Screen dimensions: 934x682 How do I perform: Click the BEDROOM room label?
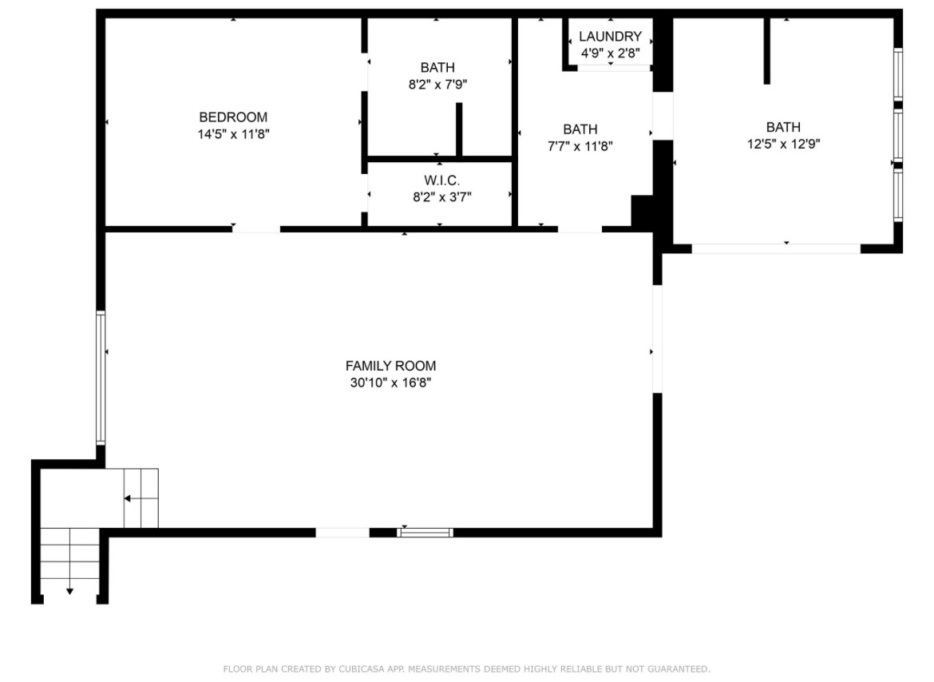[233, 117]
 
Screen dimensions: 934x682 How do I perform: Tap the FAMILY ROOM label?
[390, 366]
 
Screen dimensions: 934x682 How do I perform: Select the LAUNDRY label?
[610, 36]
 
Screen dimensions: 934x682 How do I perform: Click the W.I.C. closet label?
[442, 180]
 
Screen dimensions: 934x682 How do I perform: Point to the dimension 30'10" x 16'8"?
[390, 383]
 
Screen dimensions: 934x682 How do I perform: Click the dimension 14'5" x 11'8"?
[233, 134]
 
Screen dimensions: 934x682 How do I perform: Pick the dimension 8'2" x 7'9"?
[437, 85]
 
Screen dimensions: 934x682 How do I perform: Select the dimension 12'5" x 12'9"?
[784, 144]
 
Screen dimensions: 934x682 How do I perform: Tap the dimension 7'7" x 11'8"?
[580, 146]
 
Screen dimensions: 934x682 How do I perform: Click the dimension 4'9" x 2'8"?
[611, 53]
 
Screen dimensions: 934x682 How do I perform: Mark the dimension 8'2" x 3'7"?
[442, 196]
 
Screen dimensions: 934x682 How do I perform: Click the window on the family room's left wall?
[101, 378]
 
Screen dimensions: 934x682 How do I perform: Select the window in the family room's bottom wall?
[425, 533]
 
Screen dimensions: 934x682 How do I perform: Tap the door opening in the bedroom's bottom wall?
[256, 228]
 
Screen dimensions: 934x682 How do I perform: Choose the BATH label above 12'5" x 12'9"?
[783, 127]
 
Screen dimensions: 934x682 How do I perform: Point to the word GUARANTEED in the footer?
[679, 669]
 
